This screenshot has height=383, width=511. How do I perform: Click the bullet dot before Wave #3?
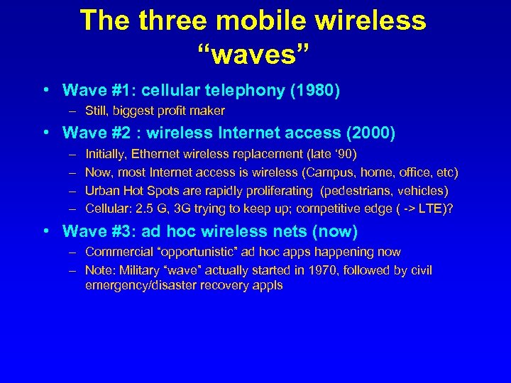tap(45, 231)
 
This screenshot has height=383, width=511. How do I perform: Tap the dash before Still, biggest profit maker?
tap(72, 111)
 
